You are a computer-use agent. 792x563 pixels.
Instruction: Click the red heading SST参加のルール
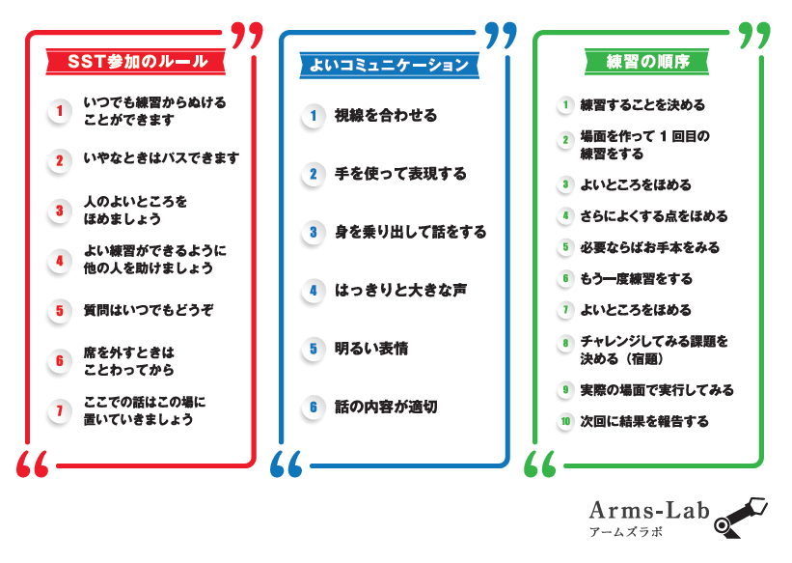pyautogui.click(x=137, y=62)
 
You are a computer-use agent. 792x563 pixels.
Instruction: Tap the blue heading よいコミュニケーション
pyautogui.click(x=389, y=65)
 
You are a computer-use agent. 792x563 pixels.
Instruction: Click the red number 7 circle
pyautogui.click(x=60, y=411)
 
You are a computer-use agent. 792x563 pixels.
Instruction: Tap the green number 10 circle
pyautogui.click(x=566, y=421)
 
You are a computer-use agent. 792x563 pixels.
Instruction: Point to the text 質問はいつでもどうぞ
pyautogui.click(x=149, y=310)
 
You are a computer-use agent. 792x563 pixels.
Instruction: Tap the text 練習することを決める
pyautogui.click(x=642, y=105)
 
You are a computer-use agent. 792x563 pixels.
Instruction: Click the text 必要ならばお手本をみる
pyautogui.click(x=649, y=248)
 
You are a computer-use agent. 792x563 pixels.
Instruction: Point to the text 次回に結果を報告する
pyautogui.click(x=643, y=421)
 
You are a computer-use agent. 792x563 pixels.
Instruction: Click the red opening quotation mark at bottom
pyautogui.click(x=32, y=464)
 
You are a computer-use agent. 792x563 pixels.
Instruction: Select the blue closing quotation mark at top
pyautogui.click(x=500, y=36)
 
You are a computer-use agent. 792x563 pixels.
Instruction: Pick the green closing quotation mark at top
pyautogui.click(x=753, y=36)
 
